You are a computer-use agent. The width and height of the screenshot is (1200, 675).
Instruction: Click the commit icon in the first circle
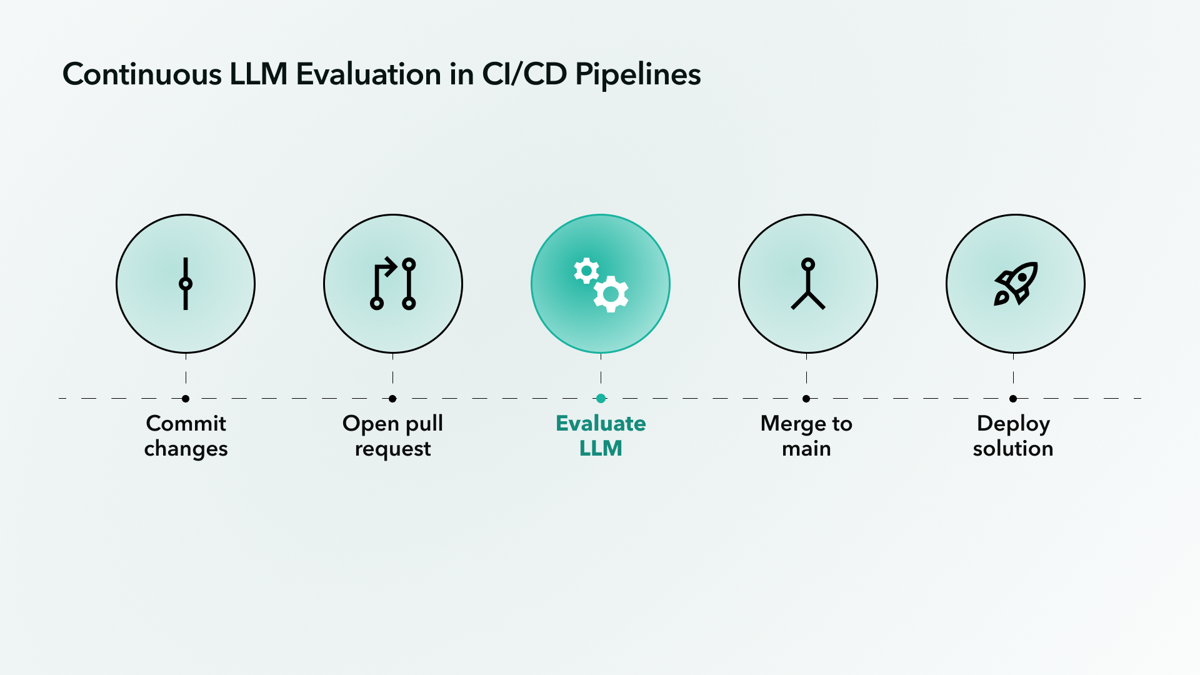186,284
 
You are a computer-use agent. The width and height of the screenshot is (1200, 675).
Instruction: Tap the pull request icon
393,284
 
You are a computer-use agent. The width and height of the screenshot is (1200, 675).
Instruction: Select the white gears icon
601,284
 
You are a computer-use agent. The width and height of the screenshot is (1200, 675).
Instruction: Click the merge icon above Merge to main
808,284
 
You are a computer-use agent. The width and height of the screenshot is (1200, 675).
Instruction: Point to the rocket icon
1016,284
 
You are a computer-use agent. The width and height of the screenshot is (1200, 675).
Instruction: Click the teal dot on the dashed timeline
601,398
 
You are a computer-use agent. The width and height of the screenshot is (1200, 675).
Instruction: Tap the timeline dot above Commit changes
186,398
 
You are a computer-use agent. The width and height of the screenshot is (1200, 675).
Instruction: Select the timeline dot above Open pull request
392,398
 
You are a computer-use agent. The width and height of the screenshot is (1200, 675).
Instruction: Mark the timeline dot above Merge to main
806,398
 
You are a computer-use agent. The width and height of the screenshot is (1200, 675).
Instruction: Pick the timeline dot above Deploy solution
1013,398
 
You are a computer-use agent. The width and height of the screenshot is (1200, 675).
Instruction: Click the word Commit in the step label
186,423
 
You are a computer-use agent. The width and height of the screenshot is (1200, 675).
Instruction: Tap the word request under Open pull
392,449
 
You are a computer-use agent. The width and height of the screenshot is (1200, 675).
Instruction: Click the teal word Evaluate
601,423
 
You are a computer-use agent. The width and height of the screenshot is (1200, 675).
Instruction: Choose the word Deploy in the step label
1013,424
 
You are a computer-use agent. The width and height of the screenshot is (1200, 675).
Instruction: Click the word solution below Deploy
1013,448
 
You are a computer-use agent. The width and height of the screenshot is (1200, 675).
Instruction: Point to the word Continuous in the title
142,74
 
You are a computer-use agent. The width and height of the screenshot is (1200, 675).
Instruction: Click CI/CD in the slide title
524,74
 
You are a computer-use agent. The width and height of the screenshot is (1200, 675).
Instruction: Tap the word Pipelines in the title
637,75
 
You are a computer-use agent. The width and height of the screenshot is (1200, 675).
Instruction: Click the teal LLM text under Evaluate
601,448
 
